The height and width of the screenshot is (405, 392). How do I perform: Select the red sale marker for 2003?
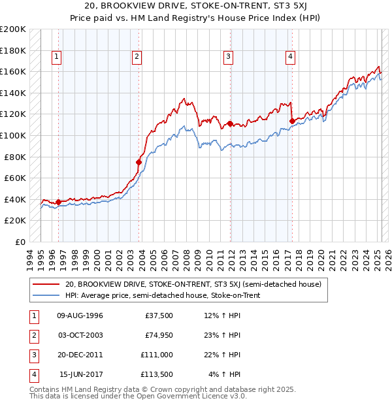139,162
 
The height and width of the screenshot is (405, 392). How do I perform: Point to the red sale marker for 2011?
230,123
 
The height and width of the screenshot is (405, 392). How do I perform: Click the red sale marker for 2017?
291,120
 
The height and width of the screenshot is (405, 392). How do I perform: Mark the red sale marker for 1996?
58,202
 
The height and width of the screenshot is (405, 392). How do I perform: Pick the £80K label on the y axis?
16,157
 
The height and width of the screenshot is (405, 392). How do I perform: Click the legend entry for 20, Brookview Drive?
193,284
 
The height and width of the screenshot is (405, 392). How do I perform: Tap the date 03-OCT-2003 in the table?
80,335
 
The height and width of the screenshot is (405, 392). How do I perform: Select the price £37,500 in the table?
159,316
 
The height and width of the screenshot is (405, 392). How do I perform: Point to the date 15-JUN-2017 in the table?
81,374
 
